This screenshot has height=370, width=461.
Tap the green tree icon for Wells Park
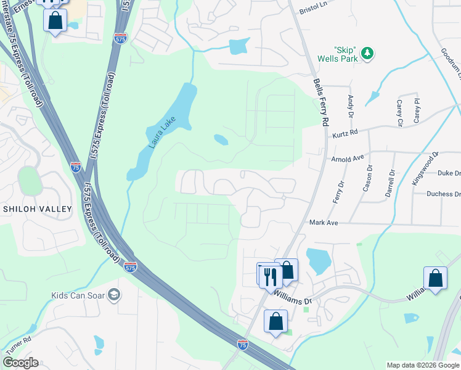coord(367,54)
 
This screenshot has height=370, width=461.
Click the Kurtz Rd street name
coord(345,133)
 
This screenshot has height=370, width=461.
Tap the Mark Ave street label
coord(324,222)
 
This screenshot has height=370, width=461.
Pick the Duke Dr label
coord(449,174)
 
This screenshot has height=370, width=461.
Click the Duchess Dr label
coord(443,194)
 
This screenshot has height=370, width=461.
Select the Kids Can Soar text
coord(78,295)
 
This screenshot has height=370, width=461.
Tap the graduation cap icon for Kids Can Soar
coord(114,295)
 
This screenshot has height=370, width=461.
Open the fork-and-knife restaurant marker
coord(269,276)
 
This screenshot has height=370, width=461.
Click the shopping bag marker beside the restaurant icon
coord(286,270)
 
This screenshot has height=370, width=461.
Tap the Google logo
coord(20,363)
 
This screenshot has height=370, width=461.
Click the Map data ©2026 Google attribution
coord(422,365)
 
